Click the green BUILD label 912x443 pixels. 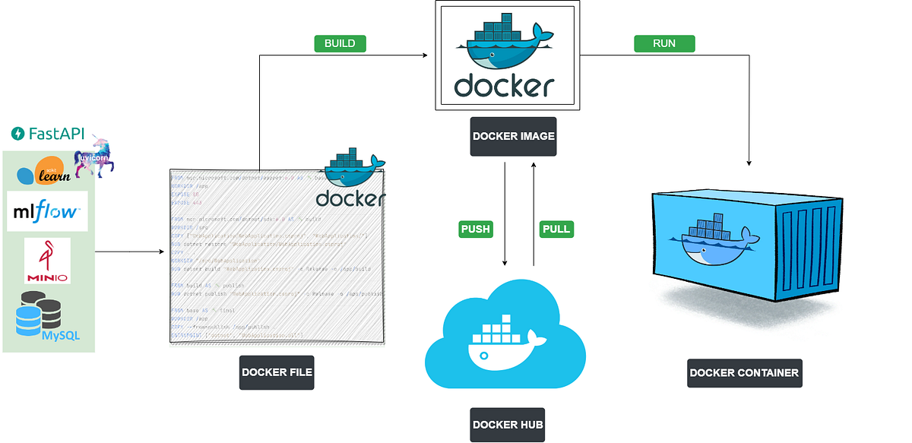pyautogui.click(x=340, y=43)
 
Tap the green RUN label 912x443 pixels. pyautogui.click(x=664, y=43)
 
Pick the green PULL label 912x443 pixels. pyautogui.click(x=556, y=229)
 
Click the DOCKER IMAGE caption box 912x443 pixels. pyautogui.click(x=513, y=137)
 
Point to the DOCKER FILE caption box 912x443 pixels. pyautogui.click(x=277, y=372)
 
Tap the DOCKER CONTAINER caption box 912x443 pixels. pyautogui.click(x=744, y=372)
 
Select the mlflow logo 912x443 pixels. pyautogui.click(x=47, y=211)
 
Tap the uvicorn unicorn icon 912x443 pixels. pyautogui.click(x=93, y=156)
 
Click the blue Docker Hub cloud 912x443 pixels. pyautogui.click(x=505, y=334)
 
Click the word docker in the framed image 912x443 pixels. pyautogui.click(x=504, y=85)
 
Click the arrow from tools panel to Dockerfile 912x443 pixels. pyautogui.click(x=129, y=252)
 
